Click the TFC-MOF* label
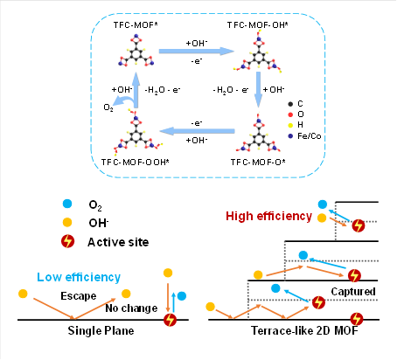pyautogui.click(x=136, y=25)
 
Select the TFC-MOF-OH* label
pyautogui.click(x=257, y=25)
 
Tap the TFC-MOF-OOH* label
pyautogui.click(x=135, y=162)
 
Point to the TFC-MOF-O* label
pyautogui.click(x=258, y=162)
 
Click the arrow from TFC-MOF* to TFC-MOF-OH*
pyautogui.click(x=196, y=52)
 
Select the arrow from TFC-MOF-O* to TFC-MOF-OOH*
pyautogui.click(x=198, y=131)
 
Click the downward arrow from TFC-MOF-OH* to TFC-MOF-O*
pyautogui.click(x=258, y=90)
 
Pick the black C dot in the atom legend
pyautogui.click(x=290, y=104)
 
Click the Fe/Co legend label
pyautogui.click(x=309, y=136)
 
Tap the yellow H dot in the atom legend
pyautogui.click(x=290, y=125)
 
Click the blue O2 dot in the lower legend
pyautogui.click(x=67, y=204)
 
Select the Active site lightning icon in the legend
pyautogui.click(x=67, y=241)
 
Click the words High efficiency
pyautogui.click(x=268, y=216)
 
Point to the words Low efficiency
pyautogui.click(x=79, y=277)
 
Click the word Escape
pyautogui.click(x=79, y=296)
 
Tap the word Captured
pyautogui.click(x=353, y=291)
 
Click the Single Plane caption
pyautogui.click(x=101, y=330)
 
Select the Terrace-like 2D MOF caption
pyautogui.click(x=304, y=330)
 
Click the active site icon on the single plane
pyautogui.click(x=170, y=320)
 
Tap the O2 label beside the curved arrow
pyautogui.click(x=108, y=107)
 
